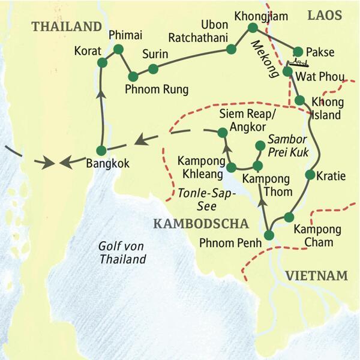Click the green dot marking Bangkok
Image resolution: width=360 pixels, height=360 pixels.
pyautogui.click(x=101, y=150)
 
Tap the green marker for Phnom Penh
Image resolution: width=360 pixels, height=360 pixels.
pyautogui.click(x=269, y=236)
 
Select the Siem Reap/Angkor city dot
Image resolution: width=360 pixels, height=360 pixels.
pyautogui.click(x=222, y=132)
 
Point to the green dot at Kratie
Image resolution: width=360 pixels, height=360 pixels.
pyautogui.click(x=310, y=175)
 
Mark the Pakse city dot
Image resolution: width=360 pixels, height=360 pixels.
pyautogui.click(x=298, y=52)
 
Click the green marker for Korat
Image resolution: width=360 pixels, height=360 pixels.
pyautogui.click(x=102, y=62)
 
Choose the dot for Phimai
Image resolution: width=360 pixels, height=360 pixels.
pyautogui.click(x=118, y=49)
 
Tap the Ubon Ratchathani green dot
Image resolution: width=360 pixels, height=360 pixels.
pyautogui.click(x=230, y=50)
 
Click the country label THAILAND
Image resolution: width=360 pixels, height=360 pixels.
pyautogui.click(x=67, y=26)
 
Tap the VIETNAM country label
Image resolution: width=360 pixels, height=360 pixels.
pyautogui.click(x=316, y=275)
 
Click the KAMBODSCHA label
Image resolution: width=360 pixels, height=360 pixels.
pyautogui.click(x=200, y=224)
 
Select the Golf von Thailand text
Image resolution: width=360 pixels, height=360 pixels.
pyautogui.click(x=122, y=253)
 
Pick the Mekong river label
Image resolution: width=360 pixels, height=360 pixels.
pyautogui.click(x=263, y=59)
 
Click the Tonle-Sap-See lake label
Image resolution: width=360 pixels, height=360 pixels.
pyautogui.click(x=203, y=199)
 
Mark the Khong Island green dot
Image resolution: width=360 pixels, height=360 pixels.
pyautogui.click(x=300, y=100)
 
